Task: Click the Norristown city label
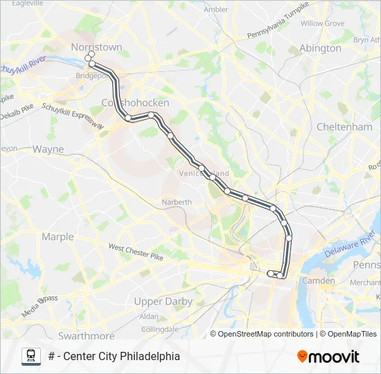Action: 96,47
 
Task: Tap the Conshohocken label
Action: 135,103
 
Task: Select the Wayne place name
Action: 48,149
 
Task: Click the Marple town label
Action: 57,236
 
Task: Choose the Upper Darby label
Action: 164,301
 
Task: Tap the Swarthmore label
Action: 86,335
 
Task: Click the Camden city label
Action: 318,280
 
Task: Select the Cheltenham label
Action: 344,127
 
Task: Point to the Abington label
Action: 320,48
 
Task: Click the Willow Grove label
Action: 322,23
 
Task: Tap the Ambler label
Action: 215,9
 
